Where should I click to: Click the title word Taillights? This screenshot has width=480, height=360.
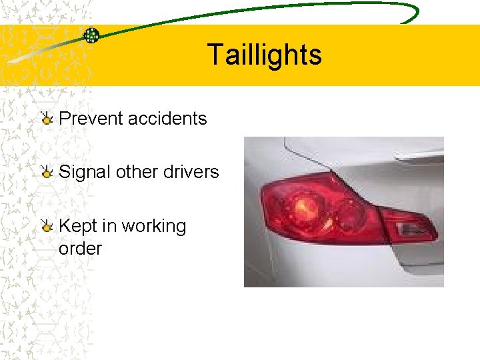click(264, 55)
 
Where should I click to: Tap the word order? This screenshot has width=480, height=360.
click(80, 249)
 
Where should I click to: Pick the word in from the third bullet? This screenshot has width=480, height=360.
click(109, 226)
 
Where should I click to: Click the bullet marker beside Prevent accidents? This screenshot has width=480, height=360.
click(46, 119)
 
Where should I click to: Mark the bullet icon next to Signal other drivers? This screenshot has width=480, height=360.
click(46, 173)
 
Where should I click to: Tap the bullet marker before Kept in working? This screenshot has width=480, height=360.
click(46, 227)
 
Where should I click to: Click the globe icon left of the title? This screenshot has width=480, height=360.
click(91, 36)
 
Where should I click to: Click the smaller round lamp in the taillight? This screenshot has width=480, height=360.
click(347, 213)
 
